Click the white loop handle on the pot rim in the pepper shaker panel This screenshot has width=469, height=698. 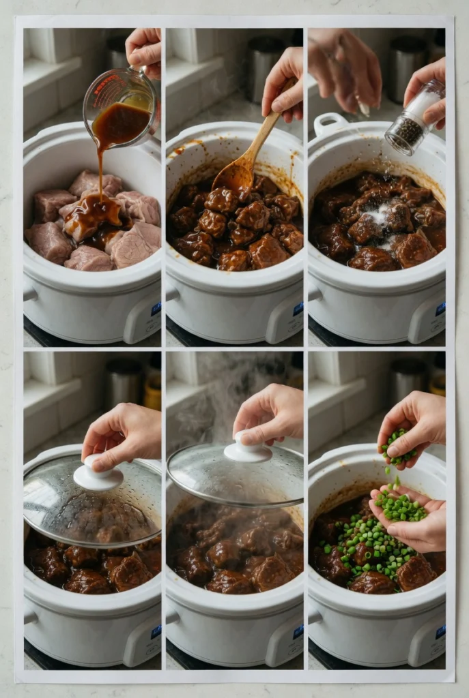coord(329,123)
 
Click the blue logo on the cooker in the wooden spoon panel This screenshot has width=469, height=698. coord(298,309)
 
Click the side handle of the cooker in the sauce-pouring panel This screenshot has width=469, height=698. coord(30,294)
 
